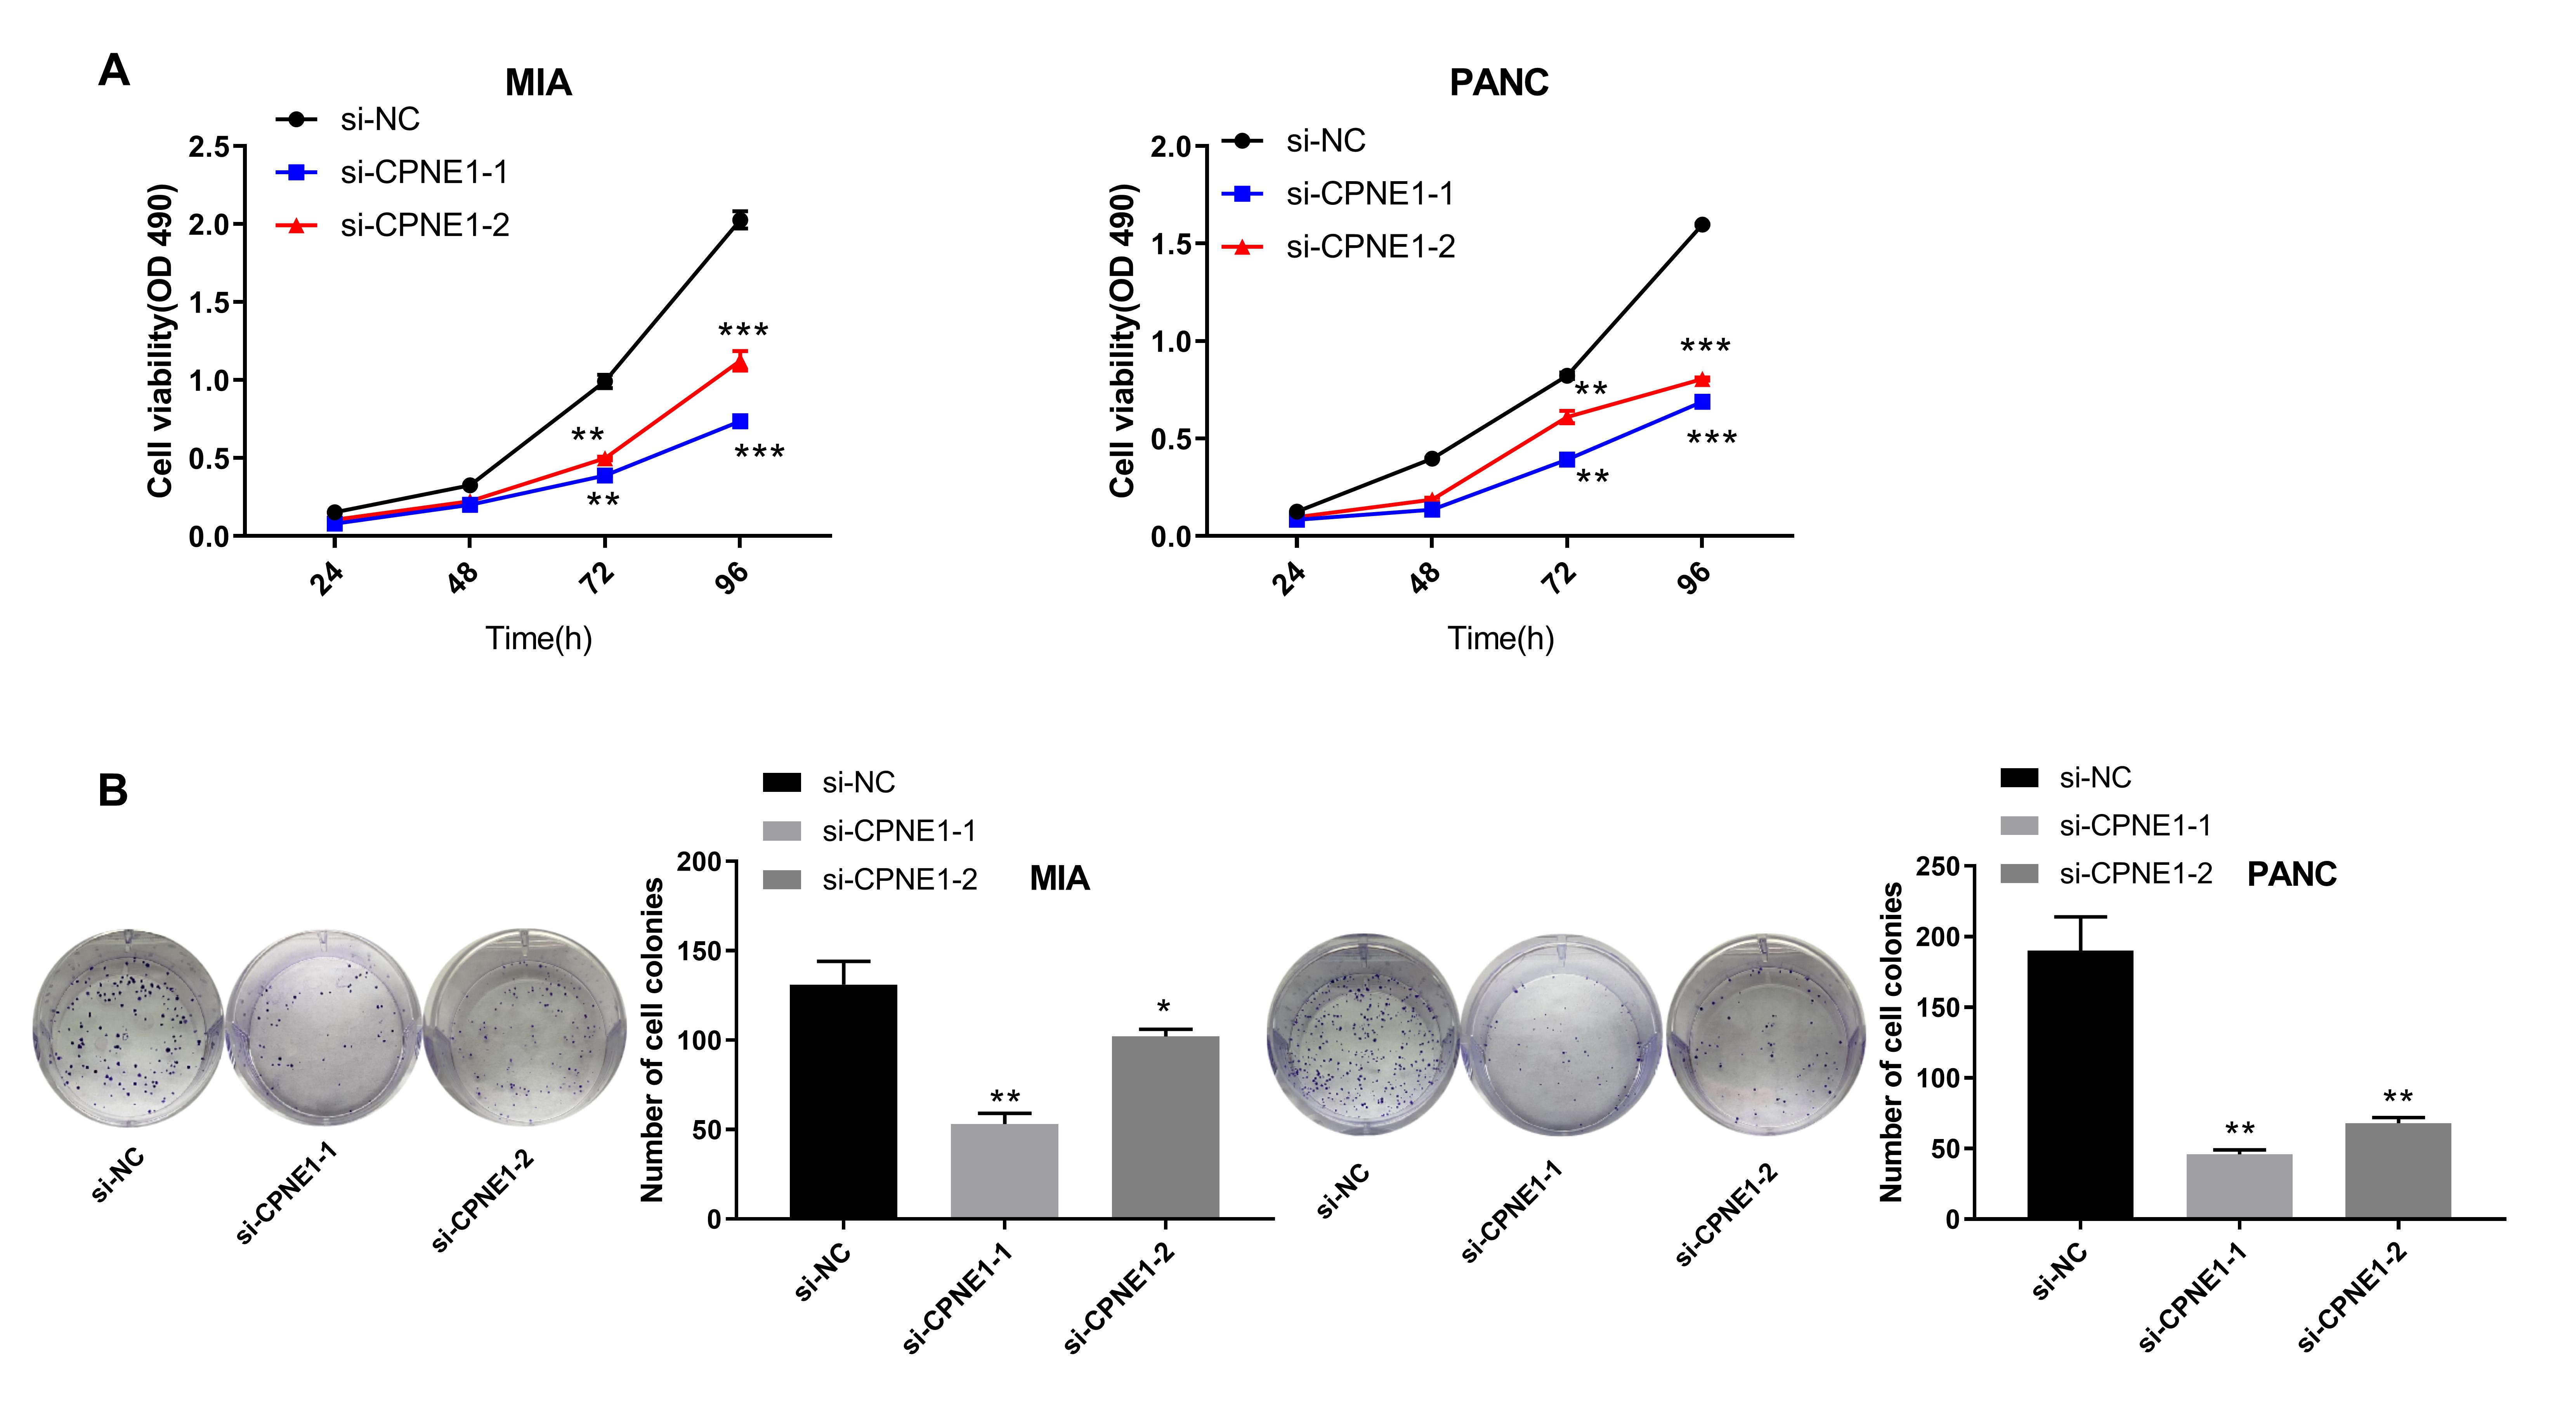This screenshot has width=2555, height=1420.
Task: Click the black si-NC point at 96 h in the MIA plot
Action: coord(739,220)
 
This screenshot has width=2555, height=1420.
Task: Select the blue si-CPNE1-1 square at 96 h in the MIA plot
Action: coord(739,421)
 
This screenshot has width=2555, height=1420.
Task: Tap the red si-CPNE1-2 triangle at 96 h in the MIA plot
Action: coord(739,363)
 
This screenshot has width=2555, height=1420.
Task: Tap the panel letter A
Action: coord(114,71)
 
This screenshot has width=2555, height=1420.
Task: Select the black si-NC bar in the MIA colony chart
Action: coord(843,1101)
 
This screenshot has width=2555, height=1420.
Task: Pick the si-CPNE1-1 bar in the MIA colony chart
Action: coord(1004,1170)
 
